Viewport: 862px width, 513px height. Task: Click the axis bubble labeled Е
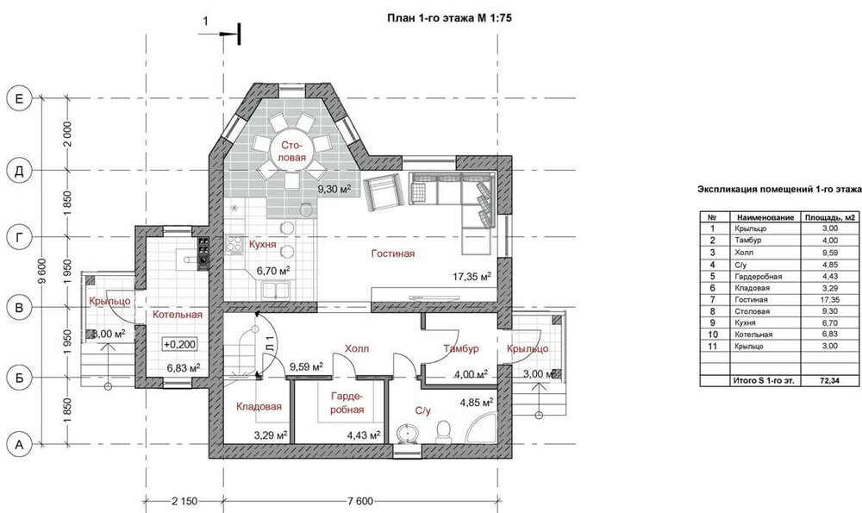[19, 99]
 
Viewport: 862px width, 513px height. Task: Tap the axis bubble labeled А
[19, 444]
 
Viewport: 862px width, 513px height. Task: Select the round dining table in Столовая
[292, 151]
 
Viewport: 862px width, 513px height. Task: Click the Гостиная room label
[392, 253]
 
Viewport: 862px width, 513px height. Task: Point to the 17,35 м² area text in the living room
[472, 277]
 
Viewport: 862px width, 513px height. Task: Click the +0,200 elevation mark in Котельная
[180, 345]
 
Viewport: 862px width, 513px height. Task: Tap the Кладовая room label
[259, 406]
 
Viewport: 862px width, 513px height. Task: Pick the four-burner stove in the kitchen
[234, 244]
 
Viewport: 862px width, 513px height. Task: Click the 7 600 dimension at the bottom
[360, 501]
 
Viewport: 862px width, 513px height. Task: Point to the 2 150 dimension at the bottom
[184, 501]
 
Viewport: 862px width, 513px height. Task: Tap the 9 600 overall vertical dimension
[42, 271]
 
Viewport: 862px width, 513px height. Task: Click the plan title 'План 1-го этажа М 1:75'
[450, 18]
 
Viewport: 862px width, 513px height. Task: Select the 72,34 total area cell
[829, 380]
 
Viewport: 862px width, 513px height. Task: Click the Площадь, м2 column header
[829, 217]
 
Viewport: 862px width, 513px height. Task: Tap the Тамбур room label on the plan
[460, 348]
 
